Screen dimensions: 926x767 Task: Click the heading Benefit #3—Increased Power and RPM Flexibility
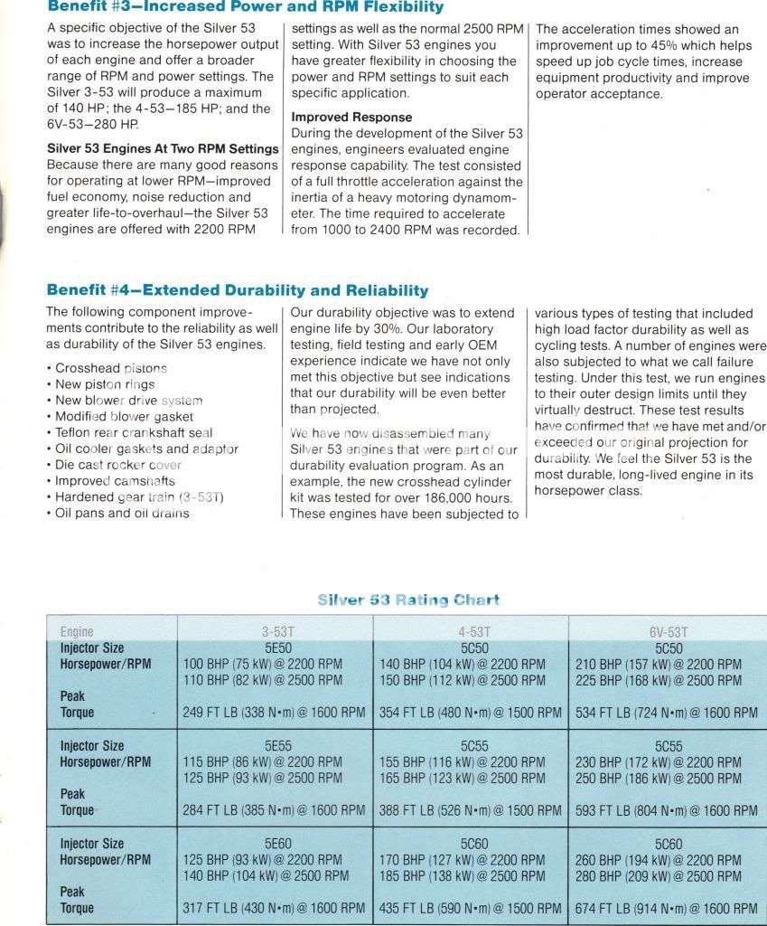point(245,7)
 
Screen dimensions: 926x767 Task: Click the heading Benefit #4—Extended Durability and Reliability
point(237,290)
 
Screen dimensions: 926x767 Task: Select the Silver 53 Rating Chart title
point(408,600)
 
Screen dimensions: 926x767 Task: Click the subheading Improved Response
point(351,118)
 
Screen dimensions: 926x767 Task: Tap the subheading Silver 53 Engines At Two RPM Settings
point(163,148)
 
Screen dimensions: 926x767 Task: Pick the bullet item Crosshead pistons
point(111,369)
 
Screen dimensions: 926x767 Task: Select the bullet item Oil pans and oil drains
point(122,514)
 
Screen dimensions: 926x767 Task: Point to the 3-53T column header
point(276,632)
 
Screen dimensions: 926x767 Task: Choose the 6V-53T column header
point(668,632)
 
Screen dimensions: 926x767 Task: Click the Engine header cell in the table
point(77,632)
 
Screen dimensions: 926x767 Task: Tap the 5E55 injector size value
point(276,746)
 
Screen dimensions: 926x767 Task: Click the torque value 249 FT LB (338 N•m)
point(274,713)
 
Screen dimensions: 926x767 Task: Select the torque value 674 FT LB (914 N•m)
point(666,908)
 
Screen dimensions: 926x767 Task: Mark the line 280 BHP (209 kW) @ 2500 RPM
point(659,875)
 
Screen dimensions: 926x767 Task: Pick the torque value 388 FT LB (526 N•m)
point(470,810)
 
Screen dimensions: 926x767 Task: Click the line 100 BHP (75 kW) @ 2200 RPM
point(263,664)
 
